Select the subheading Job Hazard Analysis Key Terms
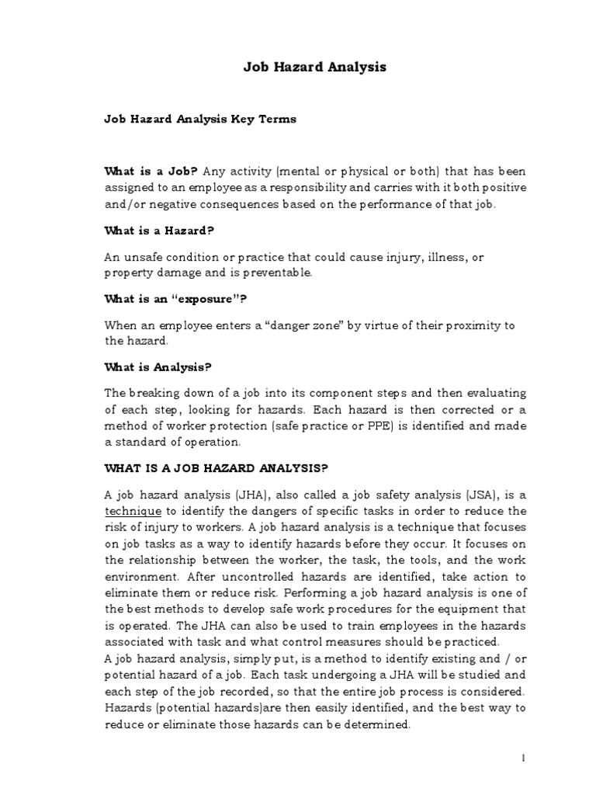click(x=200, y=120)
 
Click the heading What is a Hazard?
click(x=159, y=231)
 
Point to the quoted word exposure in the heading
click(x=213, y=298)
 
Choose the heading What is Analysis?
click(x=158, y=366)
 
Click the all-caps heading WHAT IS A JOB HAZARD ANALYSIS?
click(x=217, y=468)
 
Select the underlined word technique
click(x=133, y=511)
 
